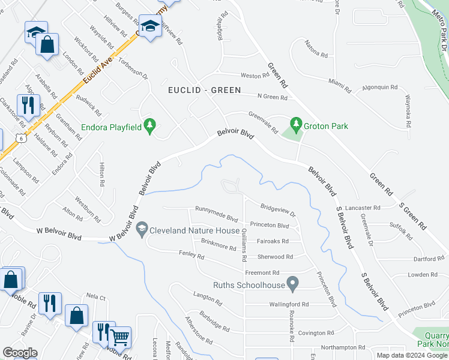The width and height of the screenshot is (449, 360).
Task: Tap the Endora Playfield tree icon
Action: [150, 126]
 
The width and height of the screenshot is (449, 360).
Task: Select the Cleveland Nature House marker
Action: [142, 229]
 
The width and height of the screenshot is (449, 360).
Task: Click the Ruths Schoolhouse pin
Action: [292, 282]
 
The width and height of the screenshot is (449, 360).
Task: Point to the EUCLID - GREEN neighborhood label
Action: [204, 90]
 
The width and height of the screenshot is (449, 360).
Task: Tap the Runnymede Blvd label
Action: [213, 209]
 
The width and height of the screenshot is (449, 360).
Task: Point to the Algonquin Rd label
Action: [380, 87]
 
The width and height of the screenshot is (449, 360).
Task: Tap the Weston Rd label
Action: [255, 76]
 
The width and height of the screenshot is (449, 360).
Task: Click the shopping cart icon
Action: [120, 338]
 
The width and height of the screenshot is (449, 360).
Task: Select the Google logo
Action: [20, 353]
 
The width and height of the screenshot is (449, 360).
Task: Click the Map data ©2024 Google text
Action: [411, 355]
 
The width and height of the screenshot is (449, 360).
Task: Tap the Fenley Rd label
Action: [191, 256]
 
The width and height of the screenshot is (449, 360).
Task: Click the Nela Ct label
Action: [95, 296]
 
